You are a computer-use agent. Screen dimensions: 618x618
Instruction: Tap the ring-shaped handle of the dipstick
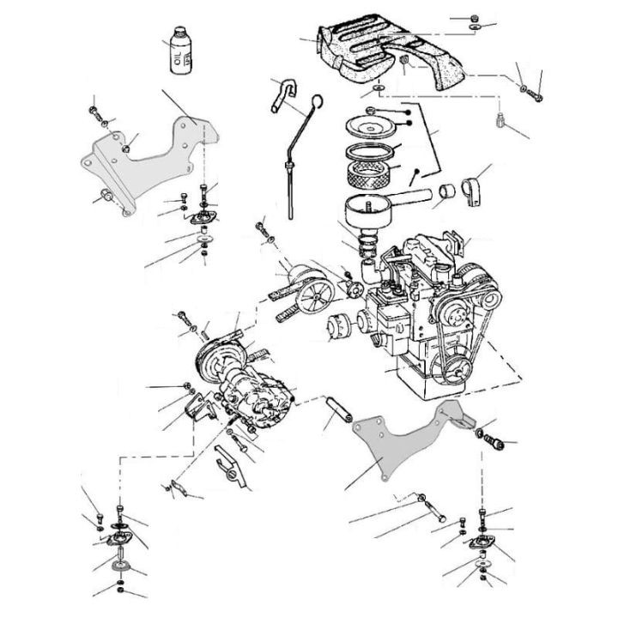click(315, 104)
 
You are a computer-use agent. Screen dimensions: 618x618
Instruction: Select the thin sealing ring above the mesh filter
click(372, 154)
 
